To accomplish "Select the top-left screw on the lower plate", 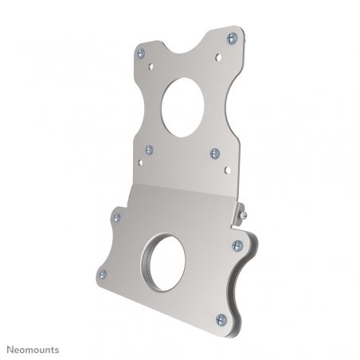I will pos(118,216).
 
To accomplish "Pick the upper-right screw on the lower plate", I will pos(237,245).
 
